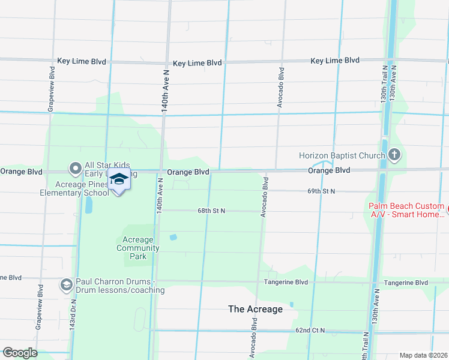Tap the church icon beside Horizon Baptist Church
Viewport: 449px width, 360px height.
394,156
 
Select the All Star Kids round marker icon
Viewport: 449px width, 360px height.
76,169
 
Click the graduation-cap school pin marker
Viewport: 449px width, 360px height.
119,181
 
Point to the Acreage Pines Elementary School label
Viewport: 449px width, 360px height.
74,188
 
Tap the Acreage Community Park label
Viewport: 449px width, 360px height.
137,248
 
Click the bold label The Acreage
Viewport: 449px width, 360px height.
255,309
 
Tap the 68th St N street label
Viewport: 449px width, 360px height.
211,211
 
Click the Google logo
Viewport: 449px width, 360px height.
19,352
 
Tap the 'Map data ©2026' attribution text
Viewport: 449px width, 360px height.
423,355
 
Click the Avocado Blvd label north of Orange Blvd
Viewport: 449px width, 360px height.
280,88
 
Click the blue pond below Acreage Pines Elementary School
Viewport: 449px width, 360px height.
89,206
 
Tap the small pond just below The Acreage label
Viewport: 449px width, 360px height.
291,304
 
